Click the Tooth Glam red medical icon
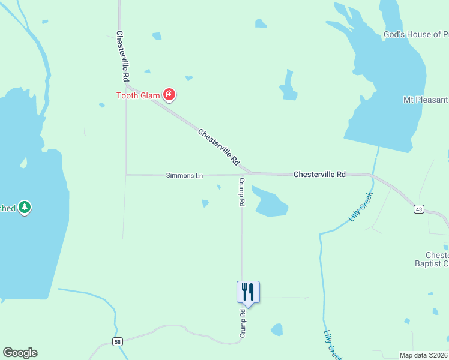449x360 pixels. (169, 94)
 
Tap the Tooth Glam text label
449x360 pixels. (139, 95)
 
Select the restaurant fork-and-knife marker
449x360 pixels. (248, 292)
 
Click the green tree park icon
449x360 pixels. (24, 208)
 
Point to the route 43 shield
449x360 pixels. (418, 209)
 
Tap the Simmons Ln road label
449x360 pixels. (185, 176)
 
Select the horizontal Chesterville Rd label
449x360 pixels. (319, 175)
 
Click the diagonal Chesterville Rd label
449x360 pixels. (218, 148)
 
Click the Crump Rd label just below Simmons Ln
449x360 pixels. (241, 192)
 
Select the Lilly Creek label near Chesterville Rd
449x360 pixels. (361, 207)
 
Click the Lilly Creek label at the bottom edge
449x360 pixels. (331, 345)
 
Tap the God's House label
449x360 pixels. (415, 35)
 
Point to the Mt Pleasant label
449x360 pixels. (426, 99)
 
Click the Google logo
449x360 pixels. (20, 353)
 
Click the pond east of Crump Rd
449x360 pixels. (270, 203)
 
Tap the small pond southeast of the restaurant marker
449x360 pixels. (277, 329)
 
